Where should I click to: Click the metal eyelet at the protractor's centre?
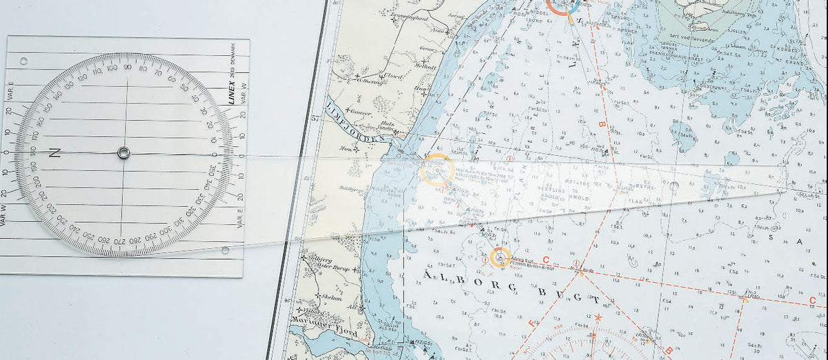pos(124,152)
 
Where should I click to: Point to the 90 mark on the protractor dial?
pos(128,67)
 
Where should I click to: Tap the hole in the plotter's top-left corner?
pos(23,61)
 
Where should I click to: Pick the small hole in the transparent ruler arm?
pos(673,186)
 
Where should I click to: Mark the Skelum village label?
pos(331,299)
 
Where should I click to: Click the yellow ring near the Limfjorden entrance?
pos(437,170)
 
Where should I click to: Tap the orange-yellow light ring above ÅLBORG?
pos(500,257)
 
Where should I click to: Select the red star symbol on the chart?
pos(598,318)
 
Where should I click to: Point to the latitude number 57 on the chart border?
pos(335,120)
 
